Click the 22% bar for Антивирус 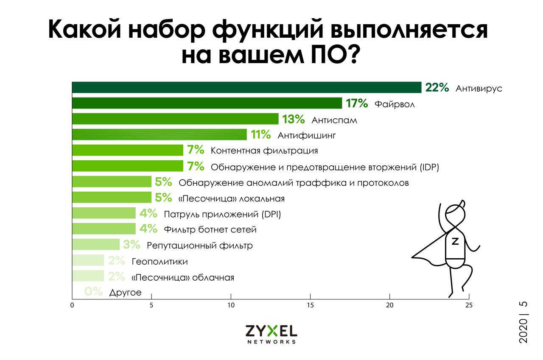click(246, 87)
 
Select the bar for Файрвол click(207, 103)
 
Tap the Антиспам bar click(175, 119)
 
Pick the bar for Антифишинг click(160, 135)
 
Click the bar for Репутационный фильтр click(96, 245)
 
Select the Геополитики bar click(88, 260)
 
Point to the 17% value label click(357, 103)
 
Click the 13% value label click(294, 119)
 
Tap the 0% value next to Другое click(94, 292)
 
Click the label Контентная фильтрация click(264, 151)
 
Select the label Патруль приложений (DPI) click(222, 214)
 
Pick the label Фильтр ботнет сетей click(210, 230)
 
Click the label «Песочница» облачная click(183, 278)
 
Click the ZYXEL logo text click(271, 331)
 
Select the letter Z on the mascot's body click(455, 241)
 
